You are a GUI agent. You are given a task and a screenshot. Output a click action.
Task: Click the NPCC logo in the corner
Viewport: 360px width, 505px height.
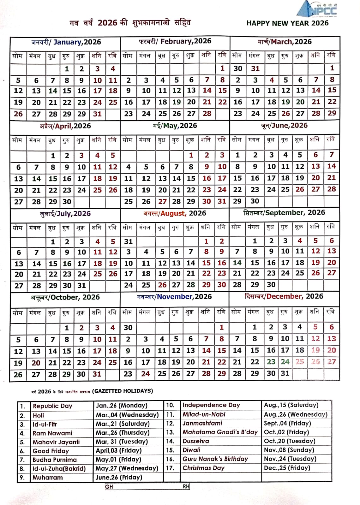point(317,9)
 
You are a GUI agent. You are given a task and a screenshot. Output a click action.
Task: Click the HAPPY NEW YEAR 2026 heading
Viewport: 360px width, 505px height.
point(287,23)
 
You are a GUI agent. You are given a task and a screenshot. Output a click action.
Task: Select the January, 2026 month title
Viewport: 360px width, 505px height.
point(66,42)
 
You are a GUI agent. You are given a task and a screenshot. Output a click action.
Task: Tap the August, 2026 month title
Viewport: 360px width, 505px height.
point(174,213)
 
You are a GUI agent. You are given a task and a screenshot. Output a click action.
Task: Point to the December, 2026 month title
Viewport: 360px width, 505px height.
point(284,296)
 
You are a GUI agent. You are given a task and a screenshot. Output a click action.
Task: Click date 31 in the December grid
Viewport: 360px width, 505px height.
point(285,373)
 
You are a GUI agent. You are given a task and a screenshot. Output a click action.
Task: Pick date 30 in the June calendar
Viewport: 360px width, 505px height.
point(255,201)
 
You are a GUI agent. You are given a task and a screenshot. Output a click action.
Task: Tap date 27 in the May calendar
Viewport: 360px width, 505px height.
point(162,201)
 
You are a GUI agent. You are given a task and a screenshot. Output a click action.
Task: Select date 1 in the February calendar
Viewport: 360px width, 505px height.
point(222,68)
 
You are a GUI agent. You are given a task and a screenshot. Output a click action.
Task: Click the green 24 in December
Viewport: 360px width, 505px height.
point(285,362)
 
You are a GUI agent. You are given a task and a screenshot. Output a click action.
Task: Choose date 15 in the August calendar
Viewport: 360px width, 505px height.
point(206,263)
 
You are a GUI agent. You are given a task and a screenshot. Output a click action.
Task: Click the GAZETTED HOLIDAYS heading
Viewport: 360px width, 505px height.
point(123,391)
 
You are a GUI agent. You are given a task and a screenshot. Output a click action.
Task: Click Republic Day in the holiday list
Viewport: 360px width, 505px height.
point(52,406)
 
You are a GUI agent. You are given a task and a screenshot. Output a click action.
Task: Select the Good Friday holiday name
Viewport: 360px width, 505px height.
point(51,451)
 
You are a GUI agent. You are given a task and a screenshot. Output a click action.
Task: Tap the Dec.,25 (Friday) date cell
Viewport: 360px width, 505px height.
point(287,468)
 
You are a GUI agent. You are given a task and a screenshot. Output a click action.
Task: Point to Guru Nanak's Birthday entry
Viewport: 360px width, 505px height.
point(215,459)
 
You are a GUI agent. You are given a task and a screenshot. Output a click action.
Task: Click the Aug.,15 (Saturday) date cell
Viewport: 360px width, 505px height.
point(291,405)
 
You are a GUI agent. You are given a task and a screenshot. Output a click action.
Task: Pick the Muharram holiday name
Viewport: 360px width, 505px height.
point(47,478)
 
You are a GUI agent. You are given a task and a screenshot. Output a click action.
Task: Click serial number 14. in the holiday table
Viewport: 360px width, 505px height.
point(170,441)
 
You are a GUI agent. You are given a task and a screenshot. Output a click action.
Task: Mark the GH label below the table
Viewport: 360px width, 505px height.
point(109,487)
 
